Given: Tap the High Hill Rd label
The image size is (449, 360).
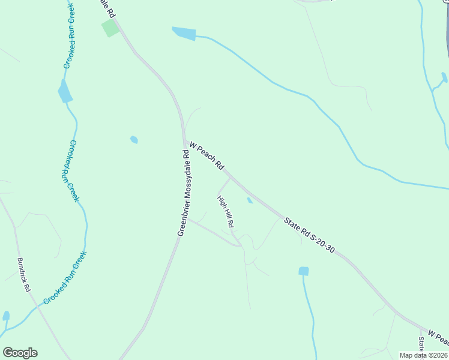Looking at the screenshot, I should coord(225,211).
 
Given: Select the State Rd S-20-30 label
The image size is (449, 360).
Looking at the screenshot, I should coord(309,235).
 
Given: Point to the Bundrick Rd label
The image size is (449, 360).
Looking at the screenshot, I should coord(24,275).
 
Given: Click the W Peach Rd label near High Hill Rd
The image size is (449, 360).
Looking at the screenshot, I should coord(206,155).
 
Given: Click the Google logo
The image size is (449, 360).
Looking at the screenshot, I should coord(20,353).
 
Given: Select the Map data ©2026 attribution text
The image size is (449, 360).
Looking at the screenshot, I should coord(423,355).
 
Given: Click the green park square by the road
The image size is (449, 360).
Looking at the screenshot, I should coord(110,28).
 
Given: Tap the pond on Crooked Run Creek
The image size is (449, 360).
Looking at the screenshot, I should coord(65,92).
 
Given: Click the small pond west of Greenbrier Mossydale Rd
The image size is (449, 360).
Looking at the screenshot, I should coord(134,140).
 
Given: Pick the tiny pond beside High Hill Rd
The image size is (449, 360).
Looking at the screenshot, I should coord(250,200).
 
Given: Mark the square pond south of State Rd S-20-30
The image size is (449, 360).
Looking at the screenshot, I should coord(304,271).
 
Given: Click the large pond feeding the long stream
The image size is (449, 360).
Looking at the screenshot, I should coord(184,34).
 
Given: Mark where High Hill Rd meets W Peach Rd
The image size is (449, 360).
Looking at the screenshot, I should coord(229,178).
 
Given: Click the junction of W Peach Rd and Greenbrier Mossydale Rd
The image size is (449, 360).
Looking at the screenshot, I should coord(184,142).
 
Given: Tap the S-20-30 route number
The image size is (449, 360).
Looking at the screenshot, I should coord(323,244).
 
